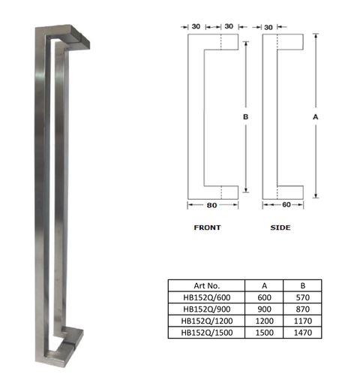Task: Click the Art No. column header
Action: [x=205, y=285]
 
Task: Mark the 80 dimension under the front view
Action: [x=212, y=204]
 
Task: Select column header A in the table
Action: [x=265, y=285]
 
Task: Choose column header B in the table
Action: [x=302, y=285]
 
